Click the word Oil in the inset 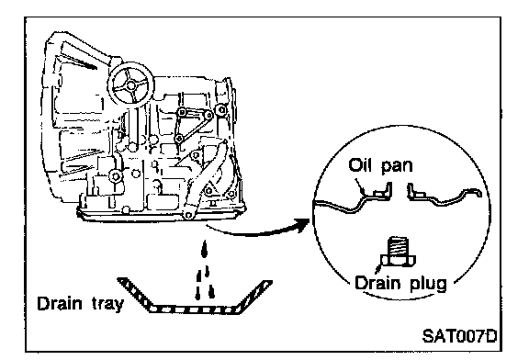361,165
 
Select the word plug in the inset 429,284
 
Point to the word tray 108,304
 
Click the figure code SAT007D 459,336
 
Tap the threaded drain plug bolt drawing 398,252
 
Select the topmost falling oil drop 203,249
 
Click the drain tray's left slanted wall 135,292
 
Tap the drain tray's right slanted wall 253,296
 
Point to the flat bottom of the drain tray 194,309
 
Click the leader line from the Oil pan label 360,186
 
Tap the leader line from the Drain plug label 377,268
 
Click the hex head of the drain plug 398,261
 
